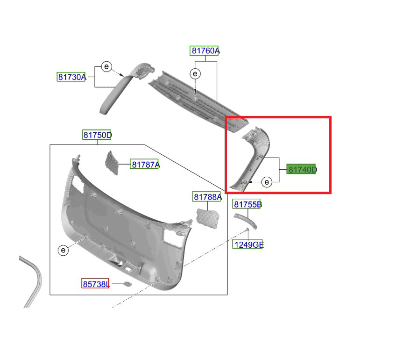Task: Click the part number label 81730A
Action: [71, 77]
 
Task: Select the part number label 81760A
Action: [205, 50]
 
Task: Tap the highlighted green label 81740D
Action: [302, 169]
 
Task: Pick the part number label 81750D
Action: [97, 135]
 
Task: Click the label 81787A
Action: [145, 165]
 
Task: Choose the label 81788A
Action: [207, 197]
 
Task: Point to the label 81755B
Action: [247, 204]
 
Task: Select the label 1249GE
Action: [248, 244]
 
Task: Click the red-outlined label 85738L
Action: [95, 284]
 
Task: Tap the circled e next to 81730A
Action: [106, 67]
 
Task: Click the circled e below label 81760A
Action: [195, 74]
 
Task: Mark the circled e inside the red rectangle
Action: [267, 182]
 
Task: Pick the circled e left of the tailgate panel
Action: [63, 250]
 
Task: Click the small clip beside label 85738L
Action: [127, 284]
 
